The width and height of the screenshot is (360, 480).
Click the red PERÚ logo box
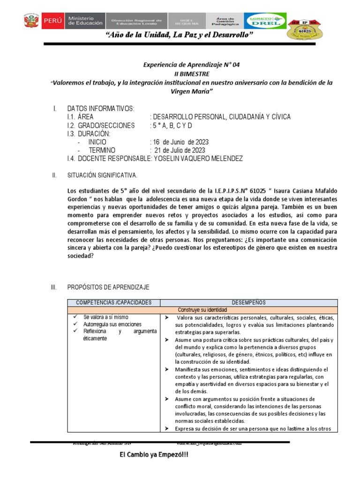tap(52, 21)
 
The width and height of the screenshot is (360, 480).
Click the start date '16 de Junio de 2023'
tap(179, 142)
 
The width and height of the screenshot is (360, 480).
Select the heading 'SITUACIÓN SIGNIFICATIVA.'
tap(103, 175)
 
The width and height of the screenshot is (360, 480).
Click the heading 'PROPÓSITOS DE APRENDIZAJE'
tap(108, 287)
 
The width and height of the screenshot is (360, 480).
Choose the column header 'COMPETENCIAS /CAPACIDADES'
tap(114, 302)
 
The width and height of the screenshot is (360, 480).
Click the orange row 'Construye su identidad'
tap(202, 310)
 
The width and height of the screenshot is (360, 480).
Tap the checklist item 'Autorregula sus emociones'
tap(113, 324)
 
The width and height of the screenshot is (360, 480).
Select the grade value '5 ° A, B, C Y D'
tap(171, 126)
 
